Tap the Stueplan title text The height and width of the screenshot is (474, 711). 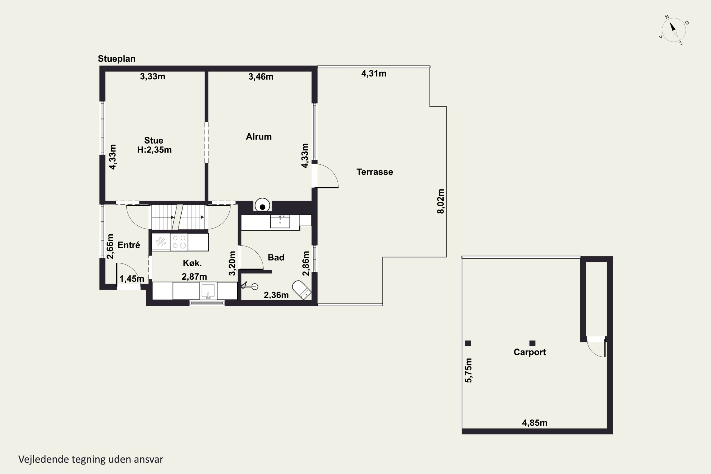coord(116,59)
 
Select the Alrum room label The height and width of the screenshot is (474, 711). coord(259,137)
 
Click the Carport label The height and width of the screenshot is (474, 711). coord(530,352)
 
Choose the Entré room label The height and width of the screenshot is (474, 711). coord(129,245)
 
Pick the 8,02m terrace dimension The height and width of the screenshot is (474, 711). coord(441,201)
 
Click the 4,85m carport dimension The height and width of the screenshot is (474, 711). coord(534,423)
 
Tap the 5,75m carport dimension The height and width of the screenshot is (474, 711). coord(468,370)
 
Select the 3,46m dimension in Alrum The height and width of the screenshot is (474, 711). coord(261,77)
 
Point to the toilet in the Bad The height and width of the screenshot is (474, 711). coord(302,290)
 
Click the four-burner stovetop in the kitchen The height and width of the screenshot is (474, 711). coord(179,242)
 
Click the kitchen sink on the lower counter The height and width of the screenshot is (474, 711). coord(208,291)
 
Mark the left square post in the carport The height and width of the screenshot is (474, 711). coord(468,343)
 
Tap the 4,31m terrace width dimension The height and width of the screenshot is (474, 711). coord(374,73)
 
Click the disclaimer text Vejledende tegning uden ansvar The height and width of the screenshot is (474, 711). coord(91,460)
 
